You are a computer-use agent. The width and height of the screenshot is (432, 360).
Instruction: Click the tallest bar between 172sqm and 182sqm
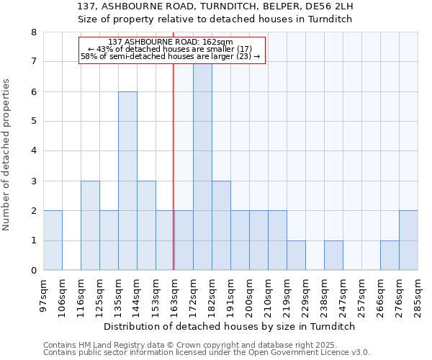coord(202,166)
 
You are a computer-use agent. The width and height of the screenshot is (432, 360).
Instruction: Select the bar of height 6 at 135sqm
coord(127,181)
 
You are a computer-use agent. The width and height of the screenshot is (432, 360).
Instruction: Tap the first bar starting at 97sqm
coord(53,240)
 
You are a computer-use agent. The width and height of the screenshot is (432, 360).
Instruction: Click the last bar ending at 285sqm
coord(408,240)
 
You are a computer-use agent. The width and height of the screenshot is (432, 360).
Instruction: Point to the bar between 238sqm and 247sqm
coord(333,256)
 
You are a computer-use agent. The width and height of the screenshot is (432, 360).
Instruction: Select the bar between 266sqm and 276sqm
coord(390,256)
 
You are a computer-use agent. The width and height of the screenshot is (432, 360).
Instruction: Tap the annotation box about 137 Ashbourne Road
coord(172,49)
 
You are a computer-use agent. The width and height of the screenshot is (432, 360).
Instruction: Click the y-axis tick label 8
coord(33,32)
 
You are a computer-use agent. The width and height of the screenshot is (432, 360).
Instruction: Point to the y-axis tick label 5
coord(33,122)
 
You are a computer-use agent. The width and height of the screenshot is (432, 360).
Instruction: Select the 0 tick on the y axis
coord(33,271)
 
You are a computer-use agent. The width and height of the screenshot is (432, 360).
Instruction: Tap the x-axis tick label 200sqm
coord(250,295)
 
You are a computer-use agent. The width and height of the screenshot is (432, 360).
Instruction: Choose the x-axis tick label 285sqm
coord(418,295)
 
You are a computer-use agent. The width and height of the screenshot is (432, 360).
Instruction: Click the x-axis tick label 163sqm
coord(175,295)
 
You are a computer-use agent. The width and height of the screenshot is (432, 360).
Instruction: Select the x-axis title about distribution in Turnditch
coord(230,326)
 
